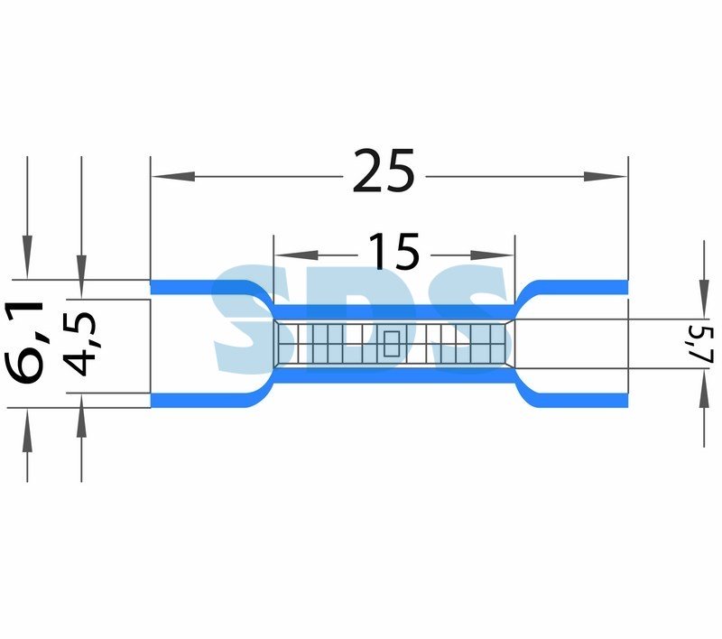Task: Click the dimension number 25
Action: (x=384, y=171)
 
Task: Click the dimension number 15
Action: (x=394, y=251)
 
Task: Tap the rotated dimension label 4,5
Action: (x=79, y=345)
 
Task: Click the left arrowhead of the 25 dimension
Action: (x=173, y=176)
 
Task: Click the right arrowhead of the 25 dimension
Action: (x=606, y=176)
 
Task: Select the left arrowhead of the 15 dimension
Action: (x=296, y=255)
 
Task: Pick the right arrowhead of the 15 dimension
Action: (x=492, y=255)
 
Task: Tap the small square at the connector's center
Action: (x=392, y=344)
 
